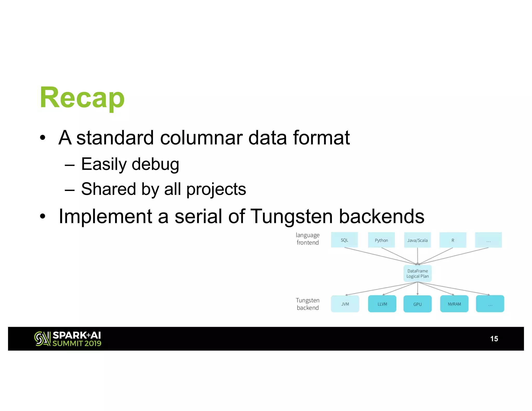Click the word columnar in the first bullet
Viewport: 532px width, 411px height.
(201, 138)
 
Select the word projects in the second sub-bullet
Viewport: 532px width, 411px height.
(216, 189)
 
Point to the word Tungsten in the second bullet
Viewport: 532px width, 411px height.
(291, 216)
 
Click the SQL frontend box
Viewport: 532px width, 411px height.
(344, 240)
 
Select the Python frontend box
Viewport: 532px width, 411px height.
(381, 240)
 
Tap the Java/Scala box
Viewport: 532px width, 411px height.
(417, 240)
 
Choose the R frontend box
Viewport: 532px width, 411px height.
(453, 240)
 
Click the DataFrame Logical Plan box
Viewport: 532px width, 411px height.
(417, 274)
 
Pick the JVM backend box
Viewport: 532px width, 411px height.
(345, 304)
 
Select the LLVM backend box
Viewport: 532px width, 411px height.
(382, 304)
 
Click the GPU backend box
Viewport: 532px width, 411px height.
(417, 304)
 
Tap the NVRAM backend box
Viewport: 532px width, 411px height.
(454, 304)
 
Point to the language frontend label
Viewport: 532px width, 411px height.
(308, 239)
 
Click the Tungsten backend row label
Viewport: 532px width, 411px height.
(308, 304)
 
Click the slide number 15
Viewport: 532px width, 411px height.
(494, 339)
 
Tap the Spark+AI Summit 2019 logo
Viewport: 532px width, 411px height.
(68, 339)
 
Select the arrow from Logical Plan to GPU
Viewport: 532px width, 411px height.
(417, 289)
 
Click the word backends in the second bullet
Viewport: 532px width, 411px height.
(382, 216)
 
